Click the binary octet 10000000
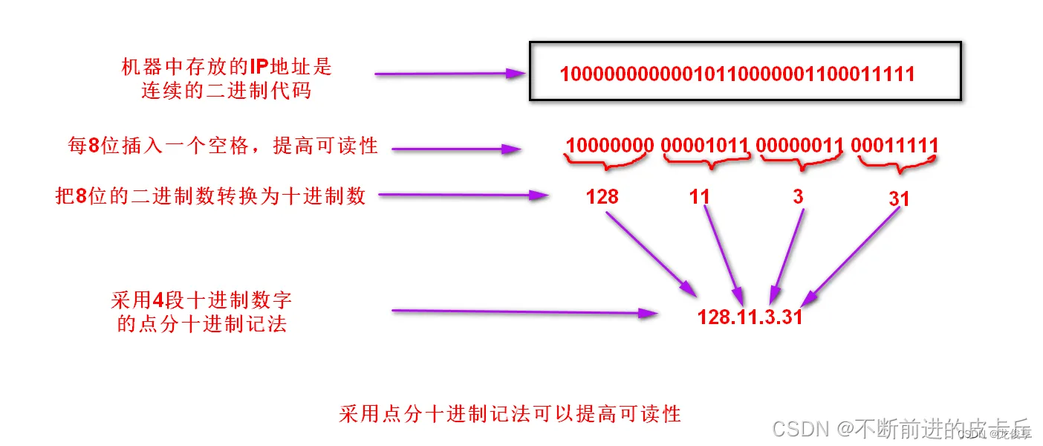tap(610, 145)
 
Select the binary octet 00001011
tap(704, 145)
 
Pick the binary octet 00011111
tap(894, 145)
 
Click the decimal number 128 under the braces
tap(602, 196)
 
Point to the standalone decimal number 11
tap(699, 196)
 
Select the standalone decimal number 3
tap(798, 196)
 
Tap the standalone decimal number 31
tap(898, 199)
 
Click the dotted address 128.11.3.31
tap(750, 316)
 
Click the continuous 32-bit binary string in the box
tap(737, 74)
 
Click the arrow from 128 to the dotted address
tap(649, 253)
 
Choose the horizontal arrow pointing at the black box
tap(449, 74)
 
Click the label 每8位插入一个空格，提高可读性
tap(223, 146)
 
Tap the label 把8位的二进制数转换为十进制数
tap(211, 195)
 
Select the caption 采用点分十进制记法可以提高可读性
tap(510, 413)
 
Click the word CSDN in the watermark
tap(801, 428)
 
